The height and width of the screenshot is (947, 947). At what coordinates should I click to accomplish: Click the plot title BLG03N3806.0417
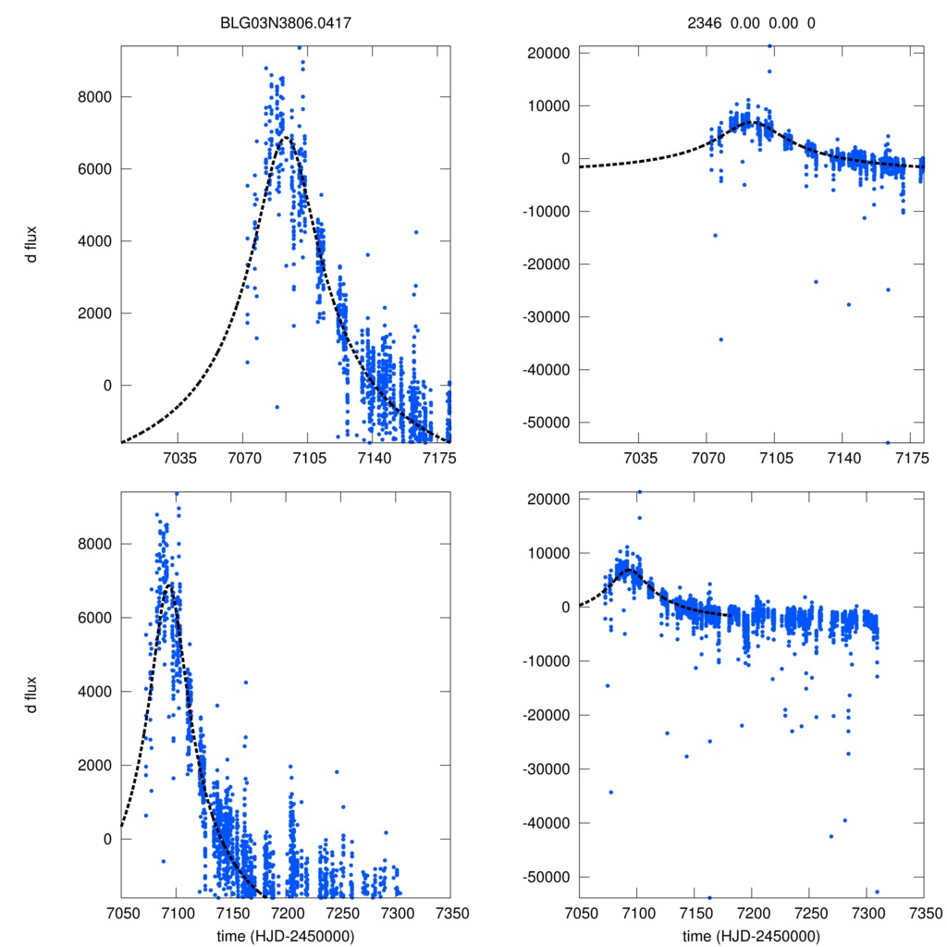(286, 23)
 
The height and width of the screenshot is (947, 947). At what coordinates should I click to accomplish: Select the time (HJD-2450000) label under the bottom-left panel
(286, 935)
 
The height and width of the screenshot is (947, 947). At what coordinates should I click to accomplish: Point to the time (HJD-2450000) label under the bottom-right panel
(751, 935)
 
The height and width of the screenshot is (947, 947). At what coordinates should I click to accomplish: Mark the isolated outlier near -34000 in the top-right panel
(720, 339)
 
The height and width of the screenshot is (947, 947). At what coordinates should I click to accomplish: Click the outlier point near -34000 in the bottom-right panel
(610, 792)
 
